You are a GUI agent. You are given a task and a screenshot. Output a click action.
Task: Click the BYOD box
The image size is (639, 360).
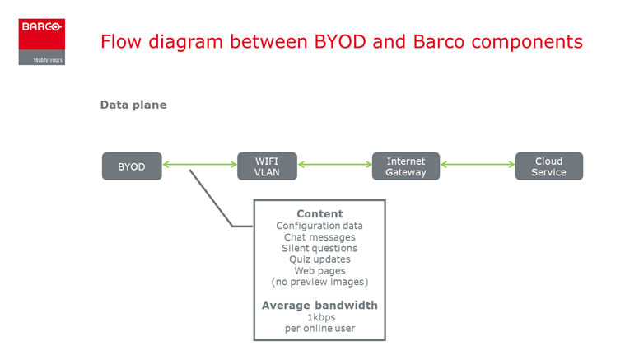pyautogui.click(x=132, y=166)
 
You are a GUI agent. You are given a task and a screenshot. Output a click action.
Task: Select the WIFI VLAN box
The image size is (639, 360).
pyautogui.click(x=267, y=166)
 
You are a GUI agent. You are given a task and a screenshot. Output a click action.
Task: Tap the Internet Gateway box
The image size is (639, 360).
pyautogui.click(x=406, y=166)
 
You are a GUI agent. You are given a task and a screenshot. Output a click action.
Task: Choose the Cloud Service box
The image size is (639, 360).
pyautogui.click(x=549, y=166)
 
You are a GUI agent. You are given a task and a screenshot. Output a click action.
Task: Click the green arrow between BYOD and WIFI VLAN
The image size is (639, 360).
pyautogui.click(x=199, y=165)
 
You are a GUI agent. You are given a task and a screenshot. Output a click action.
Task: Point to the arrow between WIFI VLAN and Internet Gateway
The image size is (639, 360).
pyautogui.click(x=334, y=165)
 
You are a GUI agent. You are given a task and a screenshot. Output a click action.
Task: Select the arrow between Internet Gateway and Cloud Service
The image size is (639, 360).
pyautogui.click(x=478, y=165)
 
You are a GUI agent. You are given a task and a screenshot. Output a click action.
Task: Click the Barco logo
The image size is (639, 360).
pyautogui.click(x=41, y=41)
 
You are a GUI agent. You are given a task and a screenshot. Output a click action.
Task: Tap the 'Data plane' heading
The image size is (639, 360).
pyautogui.click(x=133, y=105)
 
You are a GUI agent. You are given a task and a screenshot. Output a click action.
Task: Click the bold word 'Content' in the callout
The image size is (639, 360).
pyautogui.click(x=319, y=213)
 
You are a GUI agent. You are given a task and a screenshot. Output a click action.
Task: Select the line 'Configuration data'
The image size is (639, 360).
pyautogui.click(x=319, y=226)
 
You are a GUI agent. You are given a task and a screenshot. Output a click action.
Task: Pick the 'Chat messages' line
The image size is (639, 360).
pyautogui.click(x=319, y=237)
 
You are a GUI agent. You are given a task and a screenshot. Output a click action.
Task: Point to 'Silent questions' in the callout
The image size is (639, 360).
pyautogui.click(x=319, y=248)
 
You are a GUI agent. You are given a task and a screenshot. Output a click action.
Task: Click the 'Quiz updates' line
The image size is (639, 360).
pyautogui.click(x=319, y=259)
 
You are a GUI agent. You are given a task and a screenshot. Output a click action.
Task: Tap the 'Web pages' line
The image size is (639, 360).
pyautogui.click(x=319, y=271)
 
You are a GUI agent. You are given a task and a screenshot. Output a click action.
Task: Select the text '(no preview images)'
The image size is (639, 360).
pyautogui.click(x=319, y=282)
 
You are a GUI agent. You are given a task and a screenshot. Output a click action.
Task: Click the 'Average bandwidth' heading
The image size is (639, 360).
pyautogui.click(x=319, y=306)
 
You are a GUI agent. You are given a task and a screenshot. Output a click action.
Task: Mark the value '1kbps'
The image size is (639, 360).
pyautogui.click(x=321, y=317)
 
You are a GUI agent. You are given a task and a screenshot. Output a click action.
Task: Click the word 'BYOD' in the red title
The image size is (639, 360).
pyautogui.click(x=340, y=41)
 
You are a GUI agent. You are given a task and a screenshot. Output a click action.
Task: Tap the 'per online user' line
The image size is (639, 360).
pyautogui.click(x=319, y=328)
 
